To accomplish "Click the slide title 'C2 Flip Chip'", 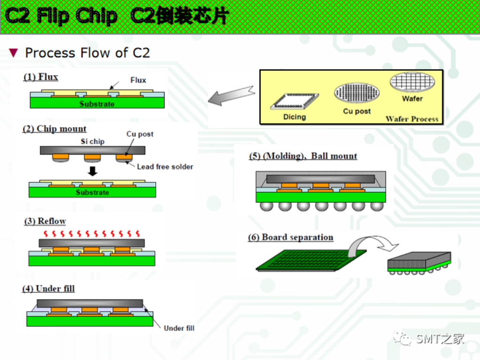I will tap(61, 16).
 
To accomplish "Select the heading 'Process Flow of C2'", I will tap(87, 53).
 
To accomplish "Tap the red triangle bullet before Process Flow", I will tap(14, 53).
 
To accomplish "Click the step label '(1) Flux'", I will tap(41, 77).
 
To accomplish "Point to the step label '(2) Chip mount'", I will tap(55, 129).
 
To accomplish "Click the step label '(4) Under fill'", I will tap(48, 289).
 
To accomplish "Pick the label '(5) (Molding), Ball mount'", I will tap(303, 156).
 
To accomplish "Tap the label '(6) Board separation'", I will tap(291, 237).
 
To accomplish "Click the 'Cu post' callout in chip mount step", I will tap(140, 134).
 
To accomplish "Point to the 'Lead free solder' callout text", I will tap(165, 167).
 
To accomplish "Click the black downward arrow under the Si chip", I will tap(93, 171).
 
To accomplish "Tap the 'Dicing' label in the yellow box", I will tap(294, 117).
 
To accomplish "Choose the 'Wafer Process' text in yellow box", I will tap(412, 119).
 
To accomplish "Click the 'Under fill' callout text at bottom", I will tap(179, 328).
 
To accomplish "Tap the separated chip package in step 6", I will tap(419, 263).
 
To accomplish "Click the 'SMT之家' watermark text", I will tap(440, 338).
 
